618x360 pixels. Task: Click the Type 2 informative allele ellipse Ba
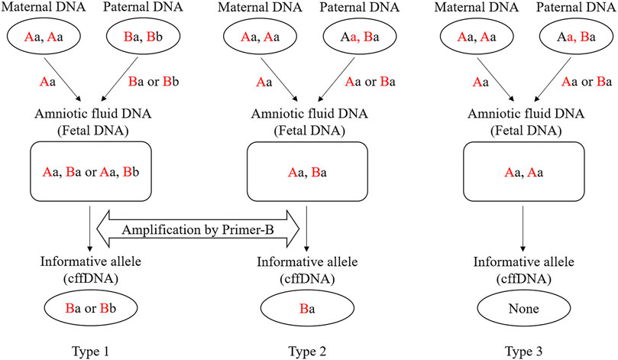[307, 310]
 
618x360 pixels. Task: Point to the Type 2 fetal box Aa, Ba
[307, 174]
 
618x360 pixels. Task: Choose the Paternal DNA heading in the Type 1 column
[146, 10]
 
